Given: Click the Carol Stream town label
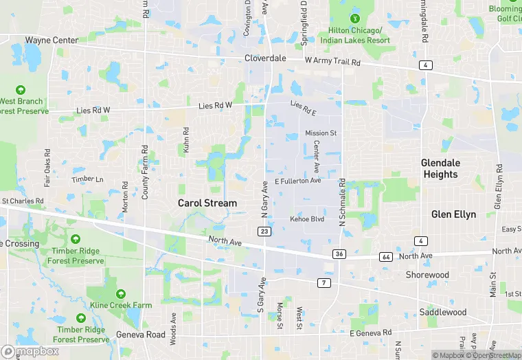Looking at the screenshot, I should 207,203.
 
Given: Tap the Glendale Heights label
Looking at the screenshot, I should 440,168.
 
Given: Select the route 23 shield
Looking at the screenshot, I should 265,232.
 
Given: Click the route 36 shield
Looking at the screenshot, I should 339,254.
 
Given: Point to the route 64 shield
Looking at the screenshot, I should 385,256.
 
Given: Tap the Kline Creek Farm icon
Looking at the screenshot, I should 121,294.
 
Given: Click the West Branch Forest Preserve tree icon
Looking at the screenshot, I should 21,90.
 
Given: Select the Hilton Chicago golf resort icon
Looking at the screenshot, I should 355,18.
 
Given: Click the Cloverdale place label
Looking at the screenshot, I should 265,58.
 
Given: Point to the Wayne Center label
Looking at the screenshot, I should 52,40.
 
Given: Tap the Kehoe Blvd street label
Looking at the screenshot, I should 306,219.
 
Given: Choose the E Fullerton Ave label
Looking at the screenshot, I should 297,181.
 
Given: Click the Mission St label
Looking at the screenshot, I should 321,133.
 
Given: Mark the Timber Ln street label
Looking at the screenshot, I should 87,179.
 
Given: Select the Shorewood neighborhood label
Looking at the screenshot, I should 427,275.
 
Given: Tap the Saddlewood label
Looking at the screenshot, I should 443,313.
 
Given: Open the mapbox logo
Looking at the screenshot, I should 30,351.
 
